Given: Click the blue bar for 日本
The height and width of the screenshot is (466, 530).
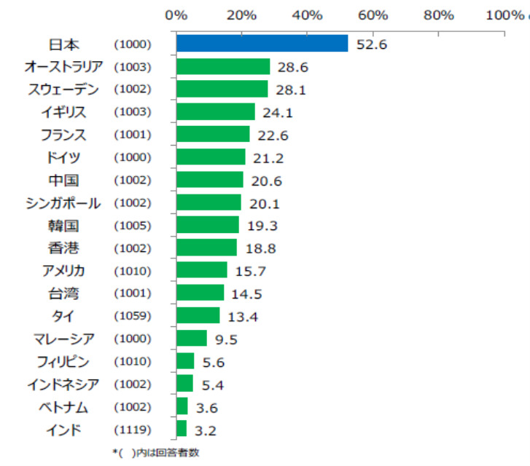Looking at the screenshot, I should point(262,44).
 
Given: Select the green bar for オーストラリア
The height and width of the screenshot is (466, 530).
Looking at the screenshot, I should point(223,66).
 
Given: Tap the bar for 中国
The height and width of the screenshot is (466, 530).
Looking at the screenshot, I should point(210,180).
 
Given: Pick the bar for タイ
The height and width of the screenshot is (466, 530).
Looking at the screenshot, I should point(198,315).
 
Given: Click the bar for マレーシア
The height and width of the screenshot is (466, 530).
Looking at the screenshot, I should point(192,338).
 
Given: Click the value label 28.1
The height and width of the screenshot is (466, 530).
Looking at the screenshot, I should point(291,90).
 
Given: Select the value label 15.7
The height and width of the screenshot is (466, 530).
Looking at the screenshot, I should point(250,271).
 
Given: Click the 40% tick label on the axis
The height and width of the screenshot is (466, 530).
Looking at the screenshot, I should point(307,15).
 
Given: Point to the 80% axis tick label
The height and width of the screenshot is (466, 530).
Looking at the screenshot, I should point(439,15).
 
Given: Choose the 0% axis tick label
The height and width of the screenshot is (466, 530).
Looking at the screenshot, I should point(176,15).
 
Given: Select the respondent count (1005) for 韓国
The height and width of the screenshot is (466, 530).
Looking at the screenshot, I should point(132,225).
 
